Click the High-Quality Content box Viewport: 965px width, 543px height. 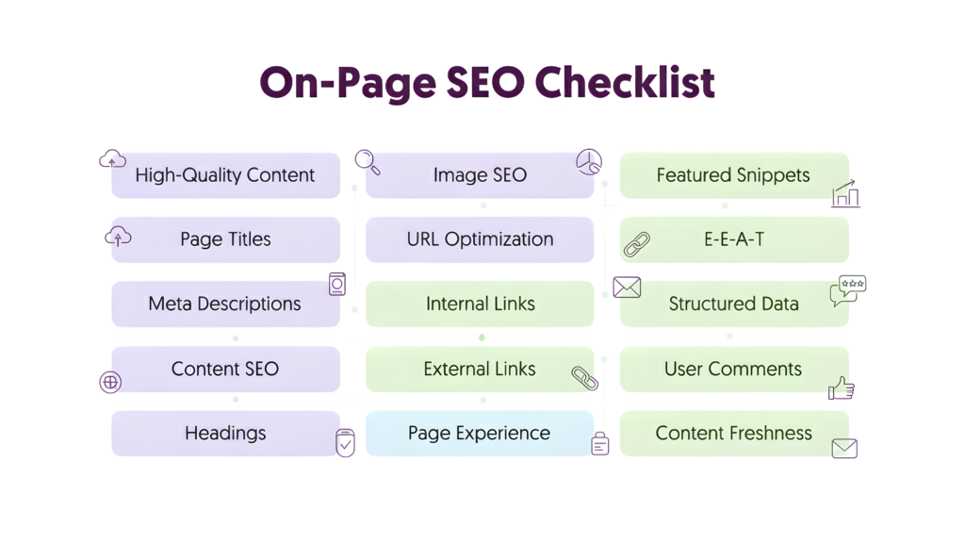pyautogui.click(x=224, y=174)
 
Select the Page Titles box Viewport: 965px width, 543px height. pyautogui.click(x=224, y=239)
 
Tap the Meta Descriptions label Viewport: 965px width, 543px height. pyautogui.click(x=224, y=304)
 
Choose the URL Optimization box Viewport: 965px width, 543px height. pyautogui.click(x=480, y=239)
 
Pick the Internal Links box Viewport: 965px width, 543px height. pyautogui.click(x=480, y=304)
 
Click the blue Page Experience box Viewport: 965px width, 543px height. pyautogui.click(x=479, y=434)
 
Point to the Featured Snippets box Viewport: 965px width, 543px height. pyautogui.click(x=733, y=174)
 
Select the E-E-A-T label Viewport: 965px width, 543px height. pyautogui.click(x=733, y=239)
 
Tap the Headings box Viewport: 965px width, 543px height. pyautogui.click(x=224, y=434)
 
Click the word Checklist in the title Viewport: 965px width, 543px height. pyautogui.click(x=623, y=83)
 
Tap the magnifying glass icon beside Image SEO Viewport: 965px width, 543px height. pyautogui.click(x=367, y=161)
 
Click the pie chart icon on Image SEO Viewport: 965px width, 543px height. pyautogui.click(x=589, y=162)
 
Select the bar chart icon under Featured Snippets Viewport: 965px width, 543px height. pyautogui.click(x=845, y=195)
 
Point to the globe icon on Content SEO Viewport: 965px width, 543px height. pyautogui.click(x=110, y=382)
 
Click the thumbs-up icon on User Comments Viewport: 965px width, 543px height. pyautogui.click(x=841, y=387)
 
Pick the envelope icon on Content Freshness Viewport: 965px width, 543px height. pyautogui.click(x=844, y=448)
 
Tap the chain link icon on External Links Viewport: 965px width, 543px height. pyautogui.click(x=584, y=378)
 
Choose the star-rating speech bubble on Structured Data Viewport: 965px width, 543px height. pyautogui.click(x=847, y=289)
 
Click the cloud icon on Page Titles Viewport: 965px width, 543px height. pyautogui.click(x=118, y=237)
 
